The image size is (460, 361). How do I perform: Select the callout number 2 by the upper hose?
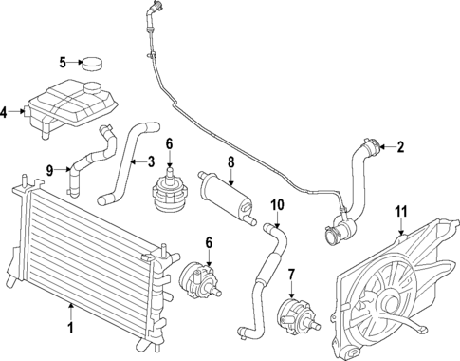[400, 146]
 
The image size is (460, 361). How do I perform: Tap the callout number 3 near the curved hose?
[152, 161]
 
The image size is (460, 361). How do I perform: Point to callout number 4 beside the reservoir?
[6, 111]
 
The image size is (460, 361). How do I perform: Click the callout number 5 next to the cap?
[63, 63]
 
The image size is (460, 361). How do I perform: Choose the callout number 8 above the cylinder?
[230, 163]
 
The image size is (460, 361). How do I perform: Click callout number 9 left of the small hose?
[49, 170]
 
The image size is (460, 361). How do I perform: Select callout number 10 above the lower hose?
[277, 203]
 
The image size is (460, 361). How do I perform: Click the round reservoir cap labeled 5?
[93, 64]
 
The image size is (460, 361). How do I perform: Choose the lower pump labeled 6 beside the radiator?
[200, 278]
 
